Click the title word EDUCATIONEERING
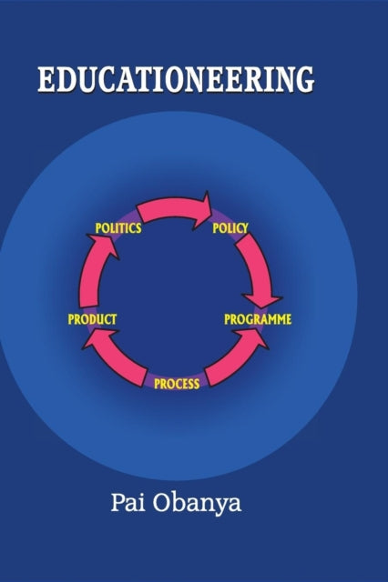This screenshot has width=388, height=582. click(176, 79)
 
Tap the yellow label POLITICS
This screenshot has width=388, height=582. click(118, 228)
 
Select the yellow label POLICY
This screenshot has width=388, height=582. click(230, 228)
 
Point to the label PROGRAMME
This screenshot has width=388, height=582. click(258, 319)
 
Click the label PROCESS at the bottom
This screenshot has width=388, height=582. click(177, 384)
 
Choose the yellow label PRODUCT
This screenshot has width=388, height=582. click(92, 319)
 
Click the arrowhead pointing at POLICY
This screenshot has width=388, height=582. click(202, 211)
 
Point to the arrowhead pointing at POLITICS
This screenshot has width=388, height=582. click(103, 246)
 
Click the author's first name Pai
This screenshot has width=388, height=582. click(128, 503)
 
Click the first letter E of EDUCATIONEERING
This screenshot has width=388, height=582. click(46, 80)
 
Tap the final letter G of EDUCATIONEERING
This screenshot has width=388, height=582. click(301, 80)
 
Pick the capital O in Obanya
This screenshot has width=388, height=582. click(161, 503)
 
